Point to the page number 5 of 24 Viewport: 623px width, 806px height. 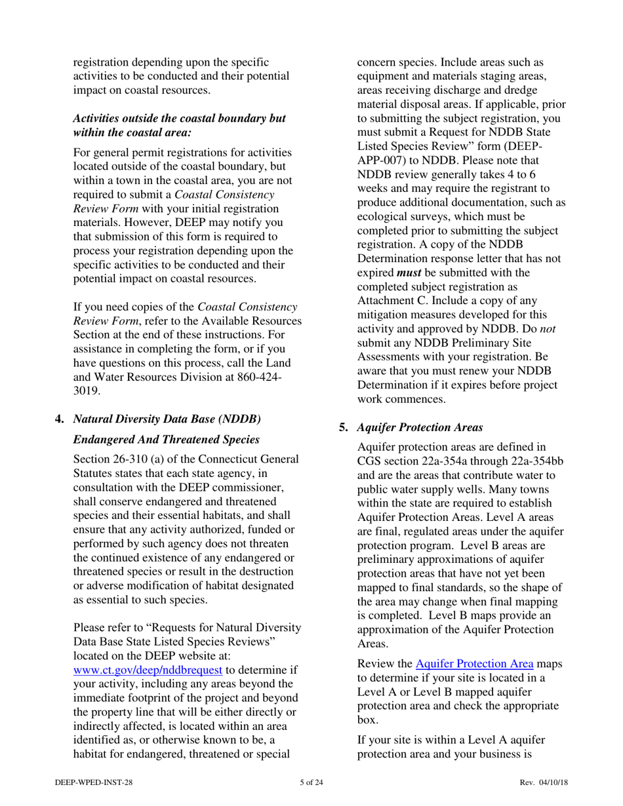311,782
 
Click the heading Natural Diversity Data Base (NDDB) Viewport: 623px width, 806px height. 167,419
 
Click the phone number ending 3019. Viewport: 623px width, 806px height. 87,391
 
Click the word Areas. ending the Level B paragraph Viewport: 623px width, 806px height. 372,643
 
